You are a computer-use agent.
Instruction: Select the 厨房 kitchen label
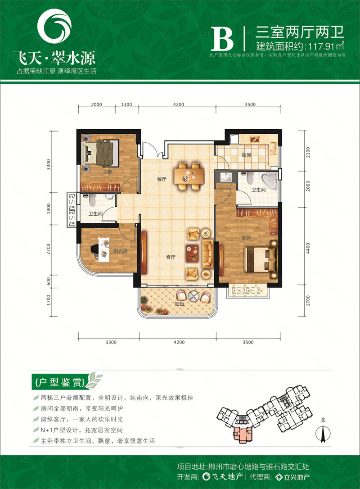258,154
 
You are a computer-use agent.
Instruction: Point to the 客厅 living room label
170,258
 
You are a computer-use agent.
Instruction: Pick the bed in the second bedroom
100,153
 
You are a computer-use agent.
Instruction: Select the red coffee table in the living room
193,253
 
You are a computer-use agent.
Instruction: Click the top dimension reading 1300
127,104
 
